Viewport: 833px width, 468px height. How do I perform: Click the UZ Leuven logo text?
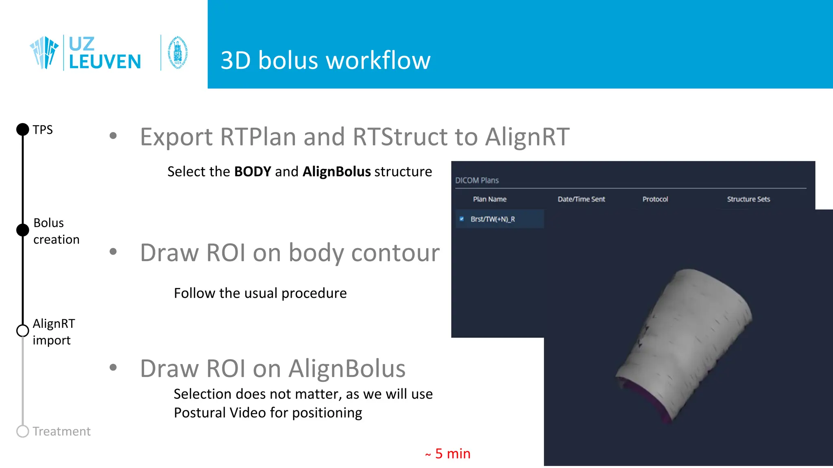105,53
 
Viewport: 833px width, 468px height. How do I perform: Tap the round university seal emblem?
178,53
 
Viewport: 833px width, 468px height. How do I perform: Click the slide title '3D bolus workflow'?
325,61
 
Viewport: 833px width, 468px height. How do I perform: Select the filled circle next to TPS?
23,130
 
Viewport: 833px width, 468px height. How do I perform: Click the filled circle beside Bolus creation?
23,230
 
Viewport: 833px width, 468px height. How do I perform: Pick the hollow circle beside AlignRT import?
23,331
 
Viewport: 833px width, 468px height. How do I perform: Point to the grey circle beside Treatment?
23,431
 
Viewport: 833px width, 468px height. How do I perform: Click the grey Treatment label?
61,431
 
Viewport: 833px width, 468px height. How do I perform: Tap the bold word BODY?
253,172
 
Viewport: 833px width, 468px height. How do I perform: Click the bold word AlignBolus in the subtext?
336,172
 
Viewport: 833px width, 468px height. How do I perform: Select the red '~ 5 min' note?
448,454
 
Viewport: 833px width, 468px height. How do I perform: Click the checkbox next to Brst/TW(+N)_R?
462,219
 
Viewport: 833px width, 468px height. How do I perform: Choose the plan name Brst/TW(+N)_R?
493,219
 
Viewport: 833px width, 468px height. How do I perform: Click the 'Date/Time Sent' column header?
581,199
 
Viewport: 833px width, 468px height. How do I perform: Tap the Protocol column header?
655,199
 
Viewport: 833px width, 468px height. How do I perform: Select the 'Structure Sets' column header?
748,199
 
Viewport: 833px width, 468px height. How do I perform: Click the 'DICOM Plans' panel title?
477,180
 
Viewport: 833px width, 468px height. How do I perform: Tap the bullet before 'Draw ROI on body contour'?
113,252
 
